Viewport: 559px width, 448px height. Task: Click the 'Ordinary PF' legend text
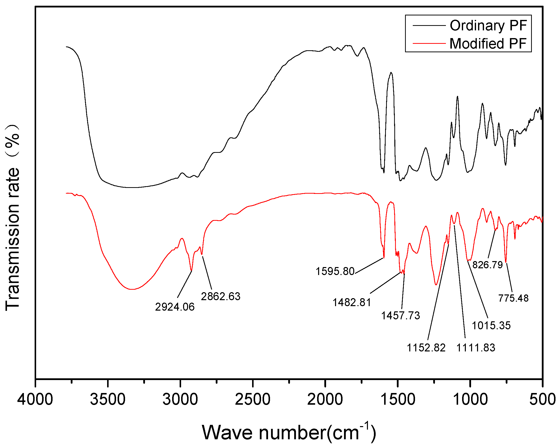pyautogui.click(x=488, y=26)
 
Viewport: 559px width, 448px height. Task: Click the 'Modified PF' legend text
pyautogui.click(x=488, y=44)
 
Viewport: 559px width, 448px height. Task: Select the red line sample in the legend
pyautogui.click(x=429, y=44)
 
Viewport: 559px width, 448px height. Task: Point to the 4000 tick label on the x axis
pyautogui.click(x=35, y=399)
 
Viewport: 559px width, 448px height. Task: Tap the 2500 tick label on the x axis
pyautogui.click(x=253, y=399)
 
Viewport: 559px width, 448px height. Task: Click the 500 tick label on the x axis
pyautogui.click(x=542, y=399)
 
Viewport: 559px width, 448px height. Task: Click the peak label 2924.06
pyautogui.click(x=175, y=307)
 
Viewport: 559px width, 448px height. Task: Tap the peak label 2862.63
pyautogui.click(x=221, y=296)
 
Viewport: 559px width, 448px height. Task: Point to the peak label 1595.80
pyautogui.click(x=335, y=271)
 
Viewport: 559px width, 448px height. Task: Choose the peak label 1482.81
pyautogui.click(x=351, y=302)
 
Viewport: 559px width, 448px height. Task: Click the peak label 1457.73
pyautogui.click(x=400, y=316)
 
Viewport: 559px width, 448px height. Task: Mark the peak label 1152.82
pyautogui.click(x=426, y=348)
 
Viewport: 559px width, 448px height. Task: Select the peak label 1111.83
pyautogui.click(x=476, y=348)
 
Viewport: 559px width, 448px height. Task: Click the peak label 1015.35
pyautogui.click(x=491, y=326)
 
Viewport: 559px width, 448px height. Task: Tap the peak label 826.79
pyautogui.click(x=488, y=265)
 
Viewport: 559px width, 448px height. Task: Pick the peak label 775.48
pyautogui.click(x=513, y=298)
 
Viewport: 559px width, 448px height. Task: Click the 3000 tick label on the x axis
pyautogui.click(x=180, y=399)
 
